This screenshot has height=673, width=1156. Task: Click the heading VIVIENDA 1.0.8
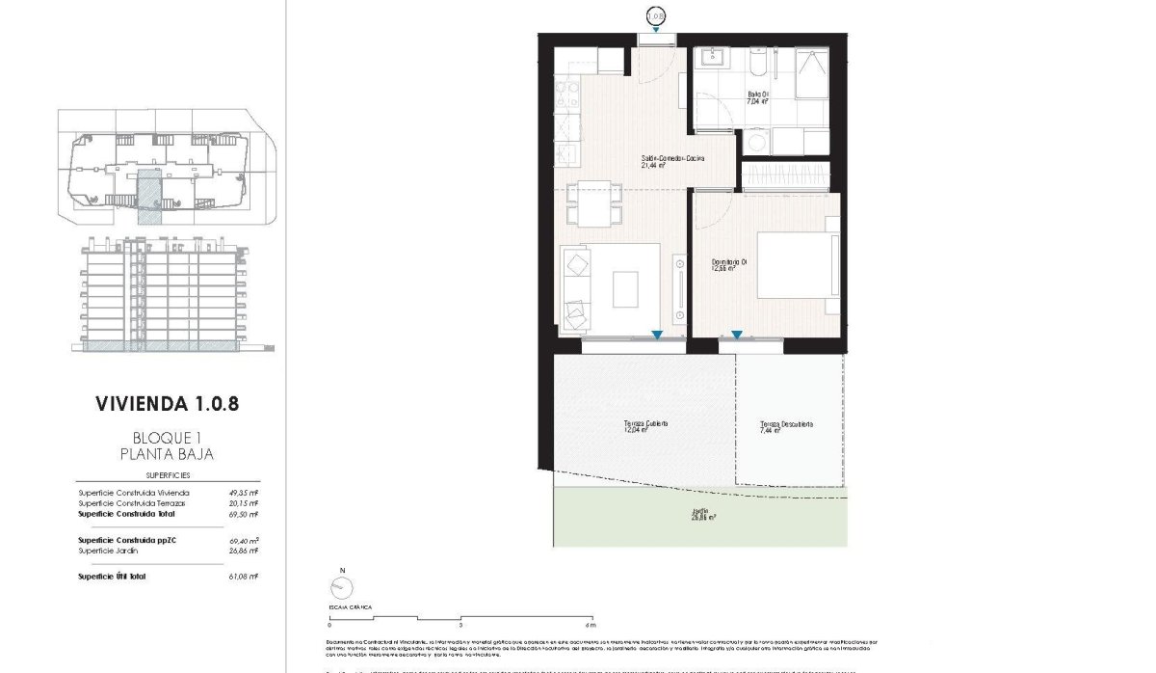[x=168, y=402]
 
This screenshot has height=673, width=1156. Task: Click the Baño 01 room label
[x=758, y=97]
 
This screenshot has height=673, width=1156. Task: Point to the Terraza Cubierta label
[x=644, y=427]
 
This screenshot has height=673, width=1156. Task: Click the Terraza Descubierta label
[x=786, y=427]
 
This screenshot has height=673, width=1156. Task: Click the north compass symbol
[x=339, y=587]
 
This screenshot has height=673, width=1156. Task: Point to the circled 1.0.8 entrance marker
[x=655, y=15]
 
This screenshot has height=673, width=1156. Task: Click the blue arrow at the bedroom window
[x=736, y=336]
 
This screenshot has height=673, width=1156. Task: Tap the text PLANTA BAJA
[x=168, y=453]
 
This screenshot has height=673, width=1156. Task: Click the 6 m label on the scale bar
[x=591, y=626]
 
